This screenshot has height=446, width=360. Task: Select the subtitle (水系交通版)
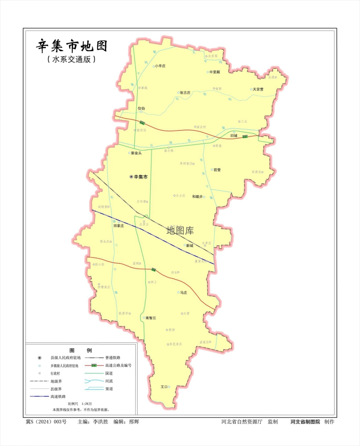tap(71, 59)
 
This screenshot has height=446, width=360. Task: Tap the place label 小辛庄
tap(160, 66)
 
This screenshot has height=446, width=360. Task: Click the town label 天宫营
tap(258, 89)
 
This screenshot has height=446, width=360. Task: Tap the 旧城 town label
tap(234, 135)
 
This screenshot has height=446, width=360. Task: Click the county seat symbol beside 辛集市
tap(131, 177)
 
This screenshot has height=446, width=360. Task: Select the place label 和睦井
tap(197, 196)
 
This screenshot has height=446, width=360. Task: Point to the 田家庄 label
tap(118, 226)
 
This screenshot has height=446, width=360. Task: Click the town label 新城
tap(190, 245)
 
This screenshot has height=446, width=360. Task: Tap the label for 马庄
tap(183, 293)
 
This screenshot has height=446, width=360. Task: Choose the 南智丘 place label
tap(151, 318)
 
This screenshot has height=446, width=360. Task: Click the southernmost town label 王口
tap(164, 387)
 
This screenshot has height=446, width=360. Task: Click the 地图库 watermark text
tap(180, 231)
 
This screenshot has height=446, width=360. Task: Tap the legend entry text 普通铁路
tap(113, 358)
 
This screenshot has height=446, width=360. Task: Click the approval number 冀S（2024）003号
tap(46, 421)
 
